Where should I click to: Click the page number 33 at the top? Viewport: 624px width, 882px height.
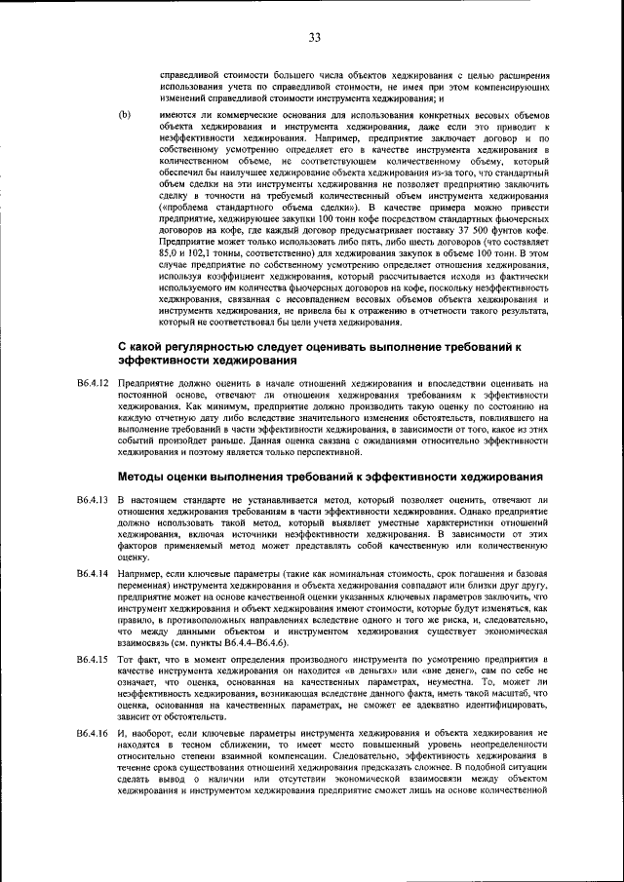click(314, 37)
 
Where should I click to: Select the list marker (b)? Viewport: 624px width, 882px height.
click(124, 114)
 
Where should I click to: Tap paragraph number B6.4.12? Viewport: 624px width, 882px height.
click(95, 411)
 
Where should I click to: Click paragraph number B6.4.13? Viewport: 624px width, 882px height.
click(95, 499)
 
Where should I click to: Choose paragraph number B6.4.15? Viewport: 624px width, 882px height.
click(95, 661)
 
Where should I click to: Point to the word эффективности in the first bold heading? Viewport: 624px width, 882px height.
click(164, 389)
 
